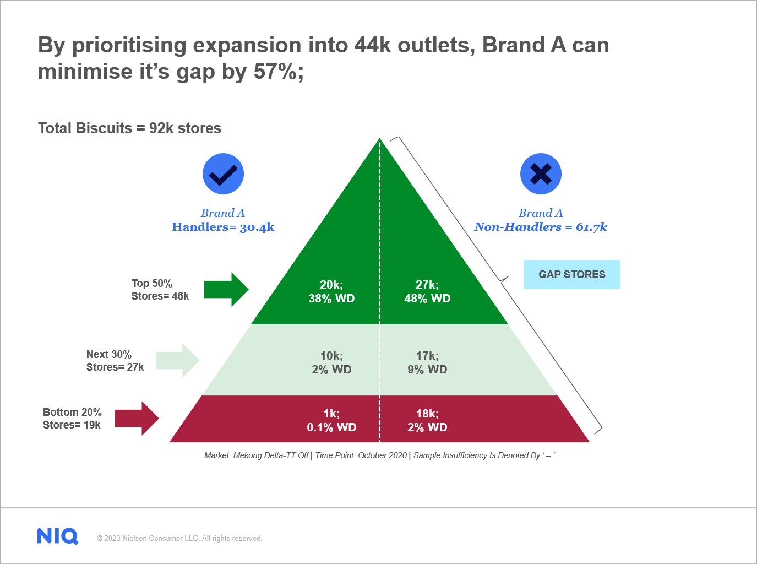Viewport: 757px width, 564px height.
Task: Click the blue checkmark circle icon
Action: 223,174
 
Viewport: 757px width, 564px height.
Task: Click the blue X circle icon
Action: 541,174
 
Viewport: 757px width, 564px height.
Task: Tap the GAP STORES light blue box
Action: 571,274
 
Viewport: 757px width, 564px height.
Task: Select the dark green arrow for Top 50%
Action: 226,289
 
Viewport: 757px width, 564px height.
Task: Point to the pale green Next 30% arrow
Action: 177,361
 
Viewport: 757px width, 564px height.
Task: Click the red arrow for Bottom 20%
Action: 137,419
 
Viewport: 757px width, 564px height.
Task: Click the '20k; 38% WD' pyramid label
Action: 331,291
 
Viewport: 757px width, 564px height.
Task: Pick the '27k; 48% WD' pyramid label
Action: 427,291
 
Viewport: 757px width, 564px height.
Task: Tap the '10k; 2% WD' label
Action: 331,362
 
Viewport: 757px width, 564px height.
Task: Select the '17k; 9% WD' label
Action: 427,362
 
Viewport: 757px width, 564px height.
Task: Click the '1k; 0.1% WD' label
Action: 331,420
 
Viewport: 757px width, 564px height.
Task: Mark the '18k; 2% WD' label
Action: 427,420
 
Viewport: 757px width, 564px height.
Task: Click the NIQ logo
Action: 58,536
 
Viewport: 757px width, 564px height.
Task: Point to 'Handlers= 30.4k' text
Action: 223,227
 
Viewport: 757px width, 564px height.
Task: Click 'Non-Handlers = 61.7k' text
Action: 541,227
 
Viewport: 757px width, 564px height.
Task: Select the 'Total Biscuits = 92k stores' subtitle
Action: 129,128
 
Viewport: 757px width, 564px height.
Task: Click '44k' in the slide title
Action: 372,45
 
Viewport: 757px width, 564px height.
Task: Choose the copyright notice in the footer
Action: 179,539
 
